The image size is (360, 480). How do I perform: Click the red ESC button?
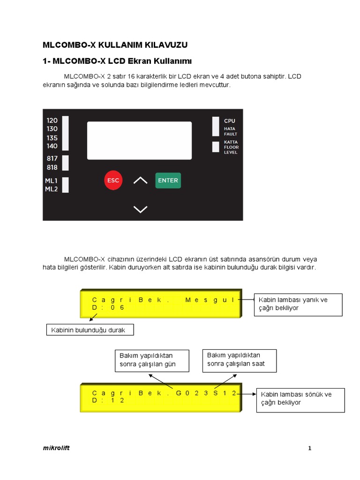(x=113, y=180)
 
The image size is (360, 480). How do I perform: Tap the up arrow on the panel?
(x=140, y=180)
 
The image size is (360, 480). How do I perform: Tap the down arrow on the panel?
(x=140, y=209)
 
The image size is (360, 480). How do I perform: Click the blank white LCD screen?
(x=139, y=140)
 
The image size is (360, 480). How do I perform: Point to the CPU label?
(x=230, y=121)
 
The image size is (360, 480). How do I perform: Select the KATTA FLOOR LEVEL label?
(x=231, y=147)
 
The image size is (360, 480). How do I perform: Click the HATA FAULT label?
(x=230, y=131)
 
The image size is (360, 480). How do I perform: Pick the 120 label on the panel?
(x=52, y=120)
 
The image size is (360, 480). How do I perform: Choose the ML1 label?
(x=51, y=181)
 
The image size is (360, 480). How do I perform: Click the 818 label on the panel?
(x=52, y=167)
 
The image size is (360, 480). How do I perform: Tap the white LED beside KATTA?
(x=216, y=147)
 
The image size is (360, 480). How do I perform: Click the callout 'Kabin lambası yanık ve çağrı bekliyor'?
(x=298, y=304)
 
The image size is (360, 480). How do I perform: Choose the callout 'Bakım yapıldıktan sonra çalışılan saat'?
(x=239, y=360)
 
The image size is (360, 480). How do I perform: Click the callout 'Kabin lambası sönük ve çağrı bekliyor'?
(x=300, y=399)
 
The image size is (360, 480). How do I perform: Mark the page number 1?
(x=310, y=449)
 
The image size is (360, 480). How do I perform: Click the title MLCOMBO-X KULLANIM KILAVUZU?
(x=115, y=45)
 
